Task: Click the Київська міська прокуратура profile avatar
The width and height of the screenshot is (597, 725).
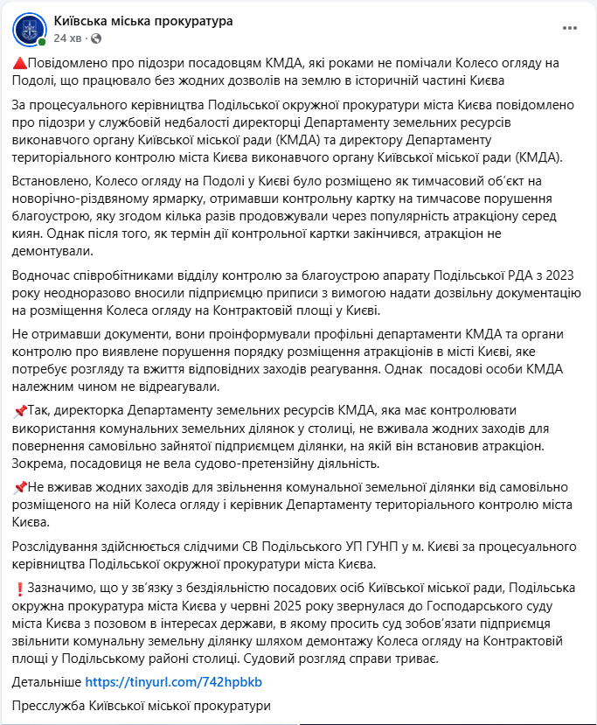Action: pyautogui.click(x=29, y=30)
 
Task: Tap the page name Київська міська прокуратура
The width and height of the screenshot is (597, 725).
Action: pyautogui.click(x=142, y=21)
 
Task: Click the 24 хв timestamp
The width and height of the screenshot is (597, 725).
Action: pyautogui.click(x=68, y=38)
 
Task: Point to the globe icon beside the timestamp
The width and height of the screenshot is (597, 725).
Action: pyautogui.click(x=96, y=38)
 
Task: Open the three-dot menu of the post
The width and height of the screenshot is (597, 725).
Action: pyautogui.click(x=569, y=28)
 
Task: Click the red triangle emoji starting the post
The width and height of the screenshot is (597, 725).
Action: pyautogui.click(x=20, y=64)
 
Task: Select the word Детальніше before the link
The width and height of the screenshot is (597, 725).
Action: pyautogui.click(x=48, y=681)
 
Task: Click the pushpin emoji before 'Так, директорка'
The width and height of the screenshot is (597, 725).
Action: pyautogui.click(x=20, y=410)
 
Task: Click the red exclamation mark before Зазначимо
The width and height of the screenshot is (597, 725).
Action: pyautogui.click(x=20, y=587)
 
